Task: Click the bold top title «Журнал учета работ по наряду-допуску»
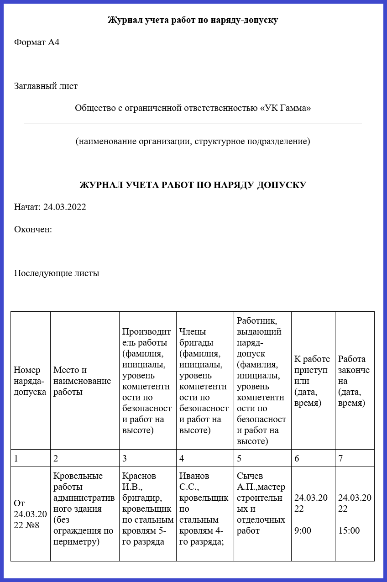click(193, 20)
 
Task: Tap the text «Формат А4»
click(37, 42)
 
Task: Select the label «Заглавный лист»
click(46, 86)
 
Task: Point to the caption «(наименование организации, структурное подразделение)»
click(193, 141)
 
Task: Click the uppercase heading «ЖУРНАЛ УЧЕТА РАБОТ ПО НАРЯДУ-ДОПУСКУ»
click(193, 185)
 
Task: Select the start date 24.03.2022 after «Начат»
click(64, 207)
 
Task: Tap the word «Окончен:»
click(33, 229)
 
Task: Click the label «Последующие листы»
click(57, 273)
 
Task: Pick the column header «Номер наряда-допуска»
click(30, 381)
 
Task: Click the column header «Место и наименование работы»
click(82, 381)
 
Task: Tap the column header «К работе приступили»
click(313, 381)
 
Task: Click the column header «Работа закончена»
click(354, 381)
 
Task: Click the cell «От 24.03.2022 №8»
click(30, 514)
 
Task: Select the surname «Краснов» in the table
click(139, 476)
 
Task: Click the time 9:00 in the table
click(303, 530)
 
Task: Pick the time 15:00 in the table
click(349, 530)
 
